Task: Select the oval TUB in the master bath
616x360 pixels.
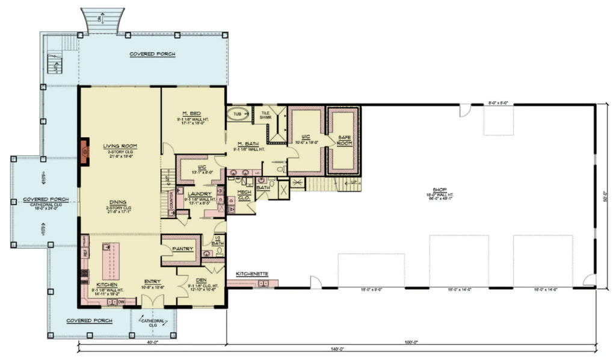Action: click(236, 113)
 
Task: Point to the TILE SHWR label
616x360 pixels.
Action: click(266, 114)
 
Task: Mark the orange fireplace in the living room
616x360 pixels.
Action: click(85, 151)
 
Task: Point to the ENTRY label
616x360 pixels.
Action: click(152, 281)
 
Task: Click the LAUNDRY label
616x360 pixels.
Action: click(198, 193)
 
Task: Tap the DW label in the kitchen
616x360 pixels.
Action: click(121, 301)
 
